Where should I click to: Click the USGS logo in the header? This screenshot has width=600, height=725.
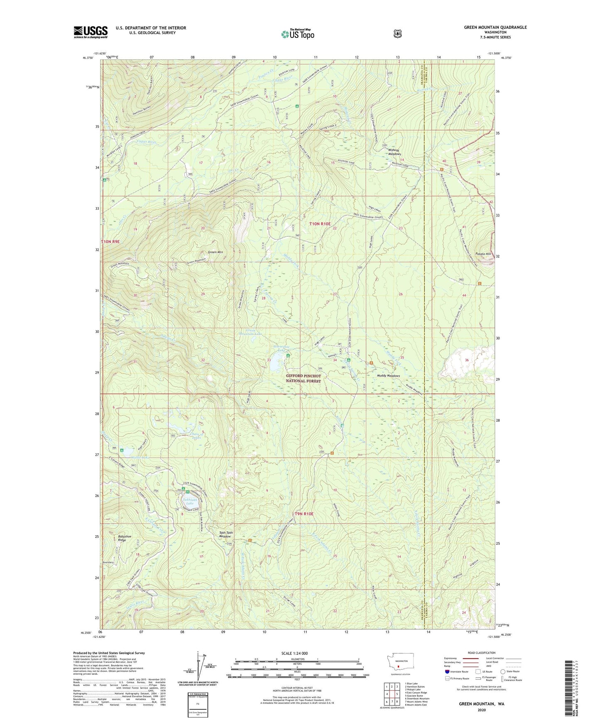(x=91, y=32)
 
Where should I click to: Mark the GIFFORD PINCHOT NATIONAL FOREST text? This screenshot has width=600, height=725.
(x=303, y=378)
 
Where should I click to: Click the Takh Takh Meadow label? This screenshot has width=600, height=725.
(x=226, y=534)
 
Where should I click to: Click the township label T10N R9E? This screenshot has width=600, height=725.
(x=110, y=241)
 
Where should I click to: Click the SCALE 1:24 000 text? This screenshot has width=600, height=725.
(x=294, y=653)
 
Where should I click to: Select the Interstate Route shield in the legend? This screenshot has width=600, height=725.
(x=447, y=671)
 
